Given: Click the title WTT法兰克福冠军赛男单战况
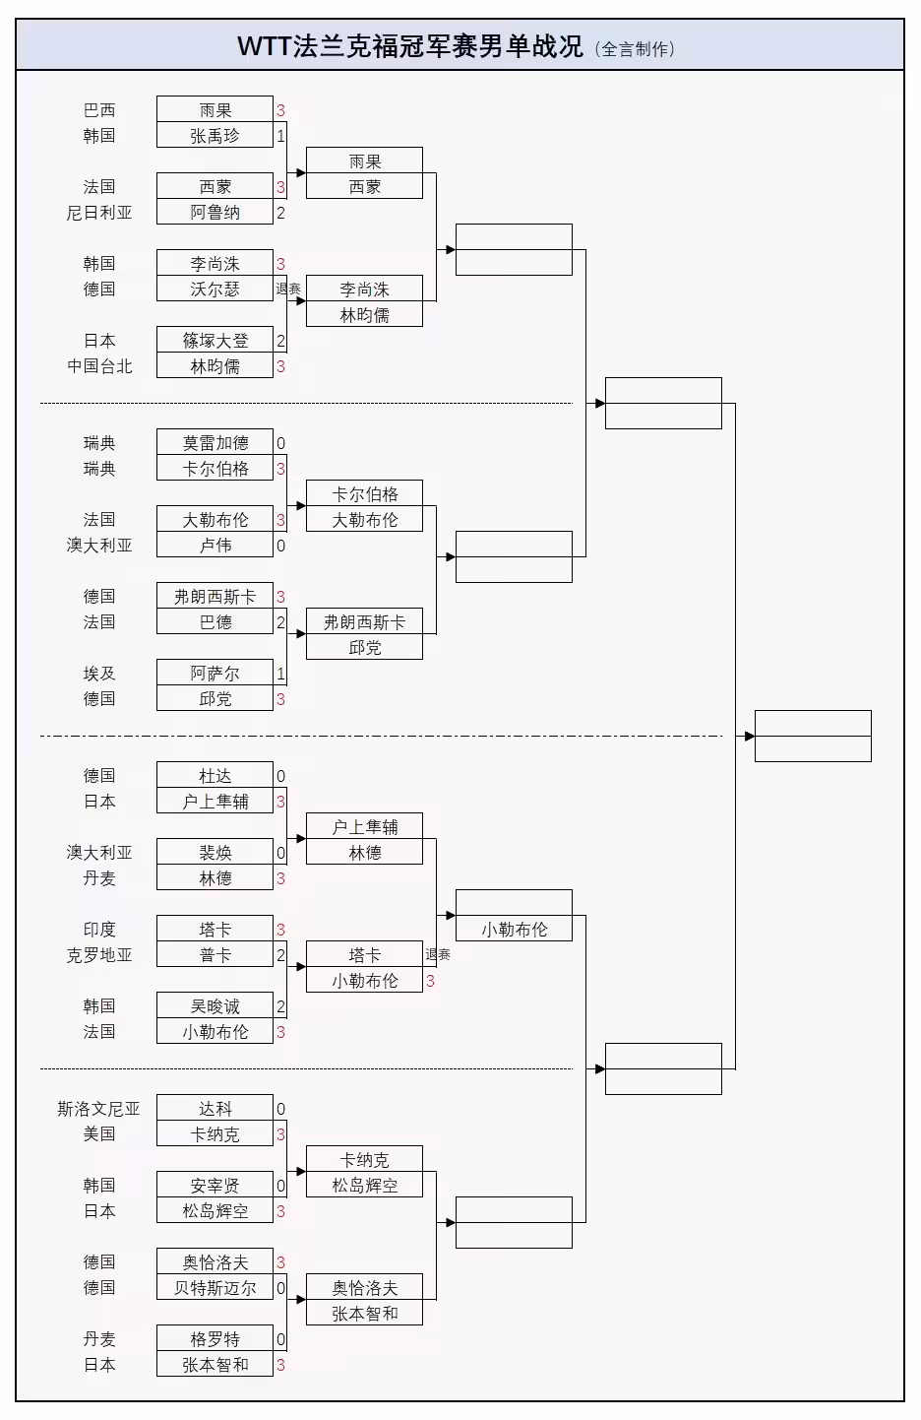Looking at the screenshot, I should tap(409, 46).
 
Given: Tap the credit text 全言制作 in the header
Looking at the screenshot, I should tap(636, 48).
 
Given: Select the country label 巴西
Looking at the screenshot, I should tap(99, 110).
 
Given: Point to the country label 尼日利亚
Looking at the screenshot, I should tap(99, 212).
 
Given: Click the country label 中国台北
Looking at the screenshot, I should tap(99, 366).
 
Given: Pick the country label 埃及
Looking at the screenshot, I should tap(99, 674).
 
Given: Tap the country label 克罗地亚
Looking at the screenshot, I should tap(99, 955).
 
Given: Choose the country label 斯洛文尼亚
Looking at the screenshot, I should tap(99, 1109).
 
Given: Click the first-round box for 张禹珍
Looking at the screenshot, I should tap(215, 136).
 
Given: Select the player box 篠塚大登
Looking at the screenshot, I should tap(215, 341).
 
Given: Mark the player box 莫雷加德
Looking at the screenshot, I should tap(215, 443).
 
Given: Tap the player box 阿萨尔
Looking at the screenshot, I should tap(215, 674).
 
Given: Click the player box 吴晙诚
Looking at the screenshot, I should tap(215, 1006).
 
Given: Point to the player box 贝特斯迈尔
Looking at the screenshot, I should tap(215, 1288).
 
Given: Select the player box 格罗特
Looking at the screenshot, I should tap(215, 1339).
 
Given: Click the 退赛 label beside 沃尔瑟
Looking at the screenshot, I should tap(288, 289).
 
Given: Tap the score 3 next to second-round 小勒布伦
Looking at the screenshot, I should tap(430, 981).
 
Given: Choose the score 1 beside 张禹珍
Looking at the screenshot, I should tap(280, 136).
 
